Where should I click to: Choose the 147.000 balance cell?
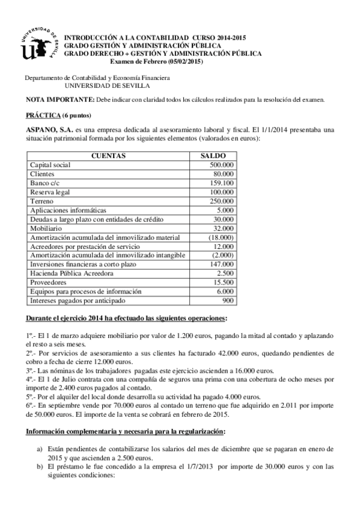222,265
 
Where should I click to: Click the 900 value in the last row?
228,301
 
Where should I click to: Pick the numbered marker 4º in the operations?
29,381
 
